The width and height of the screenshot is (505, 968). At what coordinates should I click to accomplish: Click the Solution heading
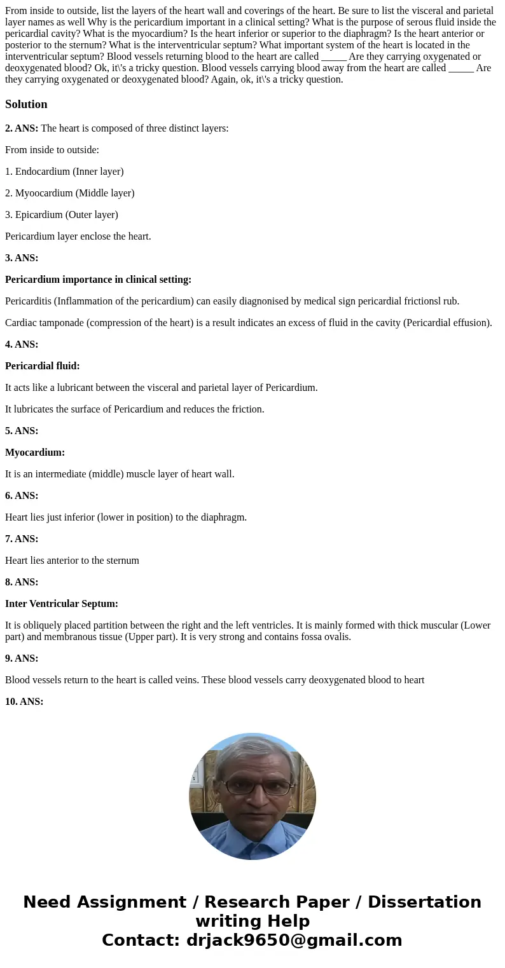coord(26,104)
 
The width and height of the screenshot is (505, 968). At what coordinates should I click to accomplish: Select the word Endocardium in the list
coord(43,172)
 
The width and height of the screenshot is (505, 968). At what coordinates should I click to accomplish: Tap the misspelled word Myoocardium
coord(44,193)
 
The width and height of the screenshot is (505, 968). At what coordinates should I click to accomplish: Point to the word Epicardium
coord(39,215)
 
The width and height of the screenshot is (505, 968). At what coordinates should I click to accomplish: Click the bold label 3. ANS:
coord(22,258)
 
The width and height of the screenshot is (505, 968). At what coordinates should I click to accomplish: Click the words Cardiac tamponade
coord(44,323)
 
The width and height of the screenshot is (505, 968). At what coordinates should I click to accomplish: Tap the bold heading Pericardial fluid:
coord(42,366)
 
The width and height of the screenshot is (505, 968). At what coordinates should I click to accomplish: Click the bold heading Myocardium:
coord(35,453)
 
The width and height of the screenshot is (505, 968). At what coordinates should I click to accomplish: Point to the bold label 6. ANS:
coord(22,496)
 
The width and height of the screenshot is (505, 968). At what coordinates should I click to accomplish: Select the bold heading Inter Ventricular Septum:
coord(62,604)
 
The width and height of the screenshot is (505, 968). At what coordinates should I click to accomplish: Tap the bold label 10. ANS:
coord(24,702)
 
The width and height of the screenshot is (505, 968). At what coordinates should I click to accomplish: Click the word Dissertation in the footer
coord(424,902)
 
